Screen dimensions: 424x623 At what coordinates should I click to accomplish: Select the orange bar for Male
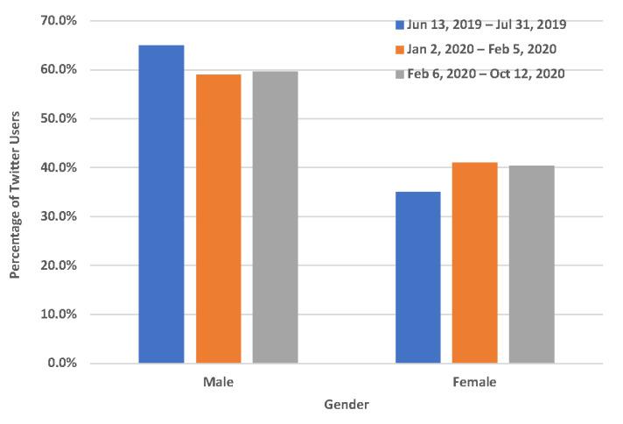pos(218,219)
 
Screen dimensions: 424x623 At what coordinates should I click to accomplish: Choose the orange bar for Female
pos(474,263)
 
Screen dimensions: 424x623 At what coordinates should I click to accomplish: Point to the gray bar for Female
pos(531,265)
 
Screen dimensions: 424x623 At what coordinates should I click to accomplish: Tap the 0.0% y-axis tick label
pos(66,363)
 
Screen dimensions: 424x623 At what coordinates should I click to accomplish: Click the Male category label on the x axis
pos(218,383)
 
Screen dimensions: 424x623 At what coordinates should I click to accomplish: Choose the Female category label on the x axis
pos(474,383)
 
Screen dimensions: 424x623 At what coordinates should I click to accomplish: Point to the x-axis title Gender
pos(346,405)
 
